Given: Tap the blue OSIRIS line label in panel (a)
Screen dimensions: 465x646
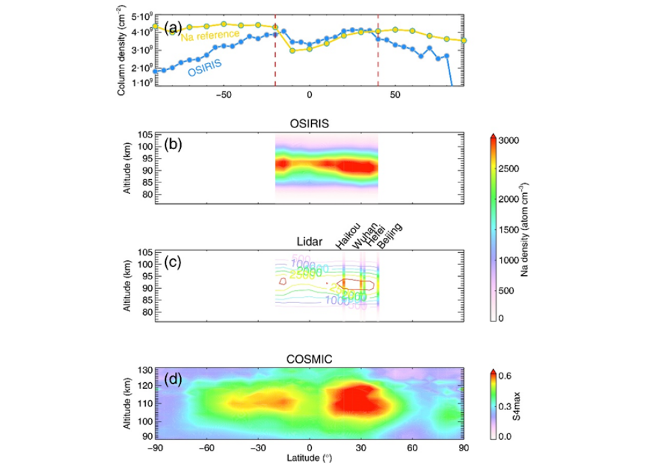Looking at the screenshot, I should pos(206,66).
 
